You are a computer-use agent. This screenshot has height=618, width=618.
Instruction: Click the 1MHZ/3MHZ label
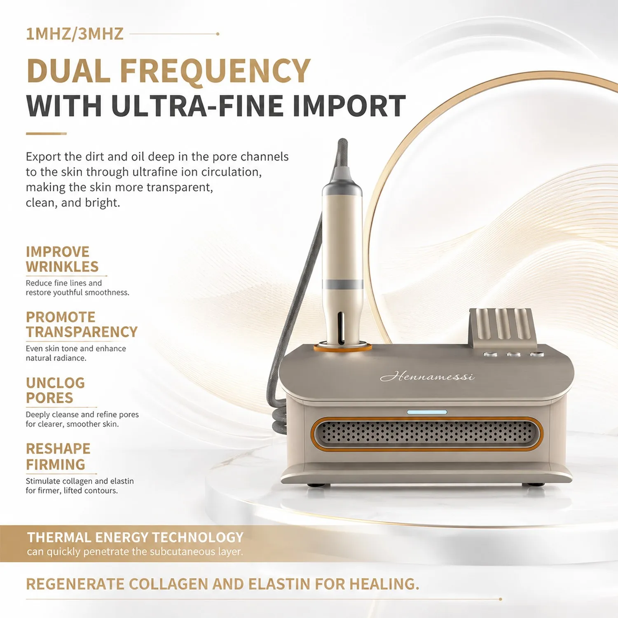tap(75, 34)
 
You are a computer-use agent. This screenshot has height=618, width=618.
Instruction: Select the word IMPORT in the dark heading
tap(349, 106)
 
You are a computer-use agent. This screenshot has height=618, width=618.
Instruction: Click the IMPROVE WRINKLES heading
tap(62, 259)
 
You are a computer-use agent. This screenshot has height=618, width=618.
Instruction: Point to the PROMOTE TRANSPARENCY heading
tap(82, 324)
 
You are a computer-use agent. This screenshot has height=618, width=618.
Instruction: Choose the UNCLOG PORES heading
tap(55, 390)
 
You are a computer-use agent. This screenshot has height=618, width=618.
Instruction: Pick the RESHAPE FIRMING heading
tap(58, 456)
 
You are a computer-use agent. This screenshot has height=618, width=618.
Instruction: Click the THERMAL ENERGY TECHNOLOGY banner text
tap(136, 537)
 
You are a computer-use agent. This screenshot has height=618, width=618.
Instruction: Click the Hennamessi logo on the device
tap(427, 376)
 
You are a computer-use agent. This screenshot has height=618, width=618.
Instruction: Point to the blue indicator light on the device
tap(427, 412)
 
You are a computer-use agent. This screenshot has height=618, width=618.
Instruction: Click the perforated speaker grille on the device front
tap(427, 433)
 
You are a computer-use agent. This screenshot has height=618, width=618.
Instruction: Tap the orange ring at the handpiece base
tap(343, 349)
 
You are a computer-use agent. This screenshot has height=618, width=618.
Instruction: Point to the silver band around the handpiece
tap(343, 284)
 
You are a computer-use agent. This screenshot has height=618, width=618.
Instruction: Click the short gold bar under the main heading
tap(46, 133)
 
